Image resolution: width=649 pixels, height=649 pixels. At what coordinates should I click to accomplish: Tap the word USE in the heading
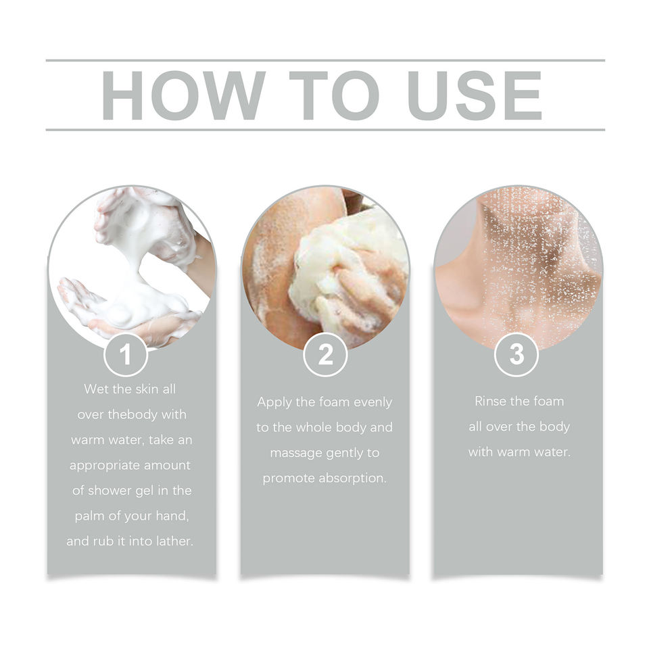point(474,95)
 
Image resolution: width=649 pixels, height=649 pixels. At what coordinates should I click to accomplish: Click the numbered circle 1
point(126,354)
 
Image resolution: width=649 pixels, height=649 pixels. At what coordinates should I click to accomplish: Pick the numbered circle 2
point(325,354)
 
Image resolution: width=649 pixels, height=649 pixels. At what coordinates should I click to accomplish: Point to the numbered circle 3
point(516,354)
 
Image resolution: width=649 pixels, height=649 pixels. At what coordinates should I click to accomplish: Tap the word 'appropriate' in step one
point(100,466)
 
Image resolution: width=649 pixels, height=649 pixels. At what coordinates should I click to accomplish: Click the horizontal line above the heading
point(325,60)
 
